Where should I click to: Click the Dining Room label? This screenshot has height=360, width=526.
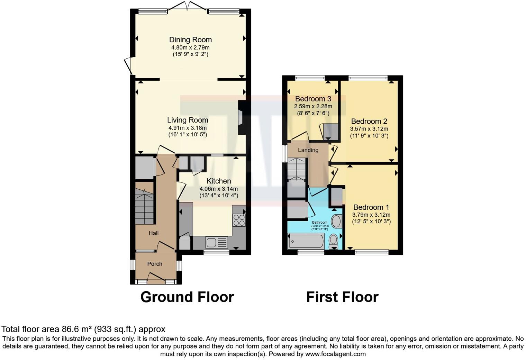click(190, 40)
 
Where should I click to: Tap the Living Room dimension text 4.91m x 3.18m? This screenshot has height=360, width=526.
click(188, 128)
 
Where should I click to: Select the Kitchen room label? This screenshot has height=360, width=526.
click(219, 181)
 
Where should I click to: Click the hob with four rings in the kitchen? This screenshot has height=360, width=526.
click(239, 220)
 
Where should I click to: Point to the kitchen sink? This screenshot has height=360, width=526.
click(216, 242)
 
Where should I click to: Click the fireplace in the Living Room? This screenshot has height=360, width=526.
click(241, 117)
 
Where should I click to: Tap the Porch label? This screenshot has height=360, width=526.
click(155, 264)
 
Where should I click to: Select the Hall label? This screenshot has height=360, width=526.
click(154, 233)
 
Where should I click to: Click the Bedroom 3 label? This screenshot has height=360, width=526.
click(313, 99)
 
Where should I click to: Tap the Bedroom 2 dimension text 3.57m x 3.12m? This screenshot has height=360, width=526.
click(369, 129)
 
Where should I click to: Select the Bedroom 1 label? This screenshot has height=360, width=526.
click(371, 207)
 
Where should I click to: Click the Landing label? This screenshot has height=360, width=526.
click(308, 150)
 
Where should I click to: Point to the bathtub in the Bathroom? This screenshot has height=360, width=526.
click(306, 241)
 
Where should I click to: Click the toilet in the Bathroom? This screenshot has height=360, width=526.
click(334, 240)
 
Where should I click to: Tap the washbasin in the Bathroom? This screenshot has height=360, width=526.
click(336, 220)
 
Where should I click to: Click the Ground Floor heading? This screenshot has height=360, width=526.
click(187, 297)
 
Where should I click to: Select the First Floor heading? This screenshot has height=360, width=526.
click(342, 297)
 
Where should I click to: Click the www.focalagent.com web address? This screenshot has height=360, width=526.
click(335, 354)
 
